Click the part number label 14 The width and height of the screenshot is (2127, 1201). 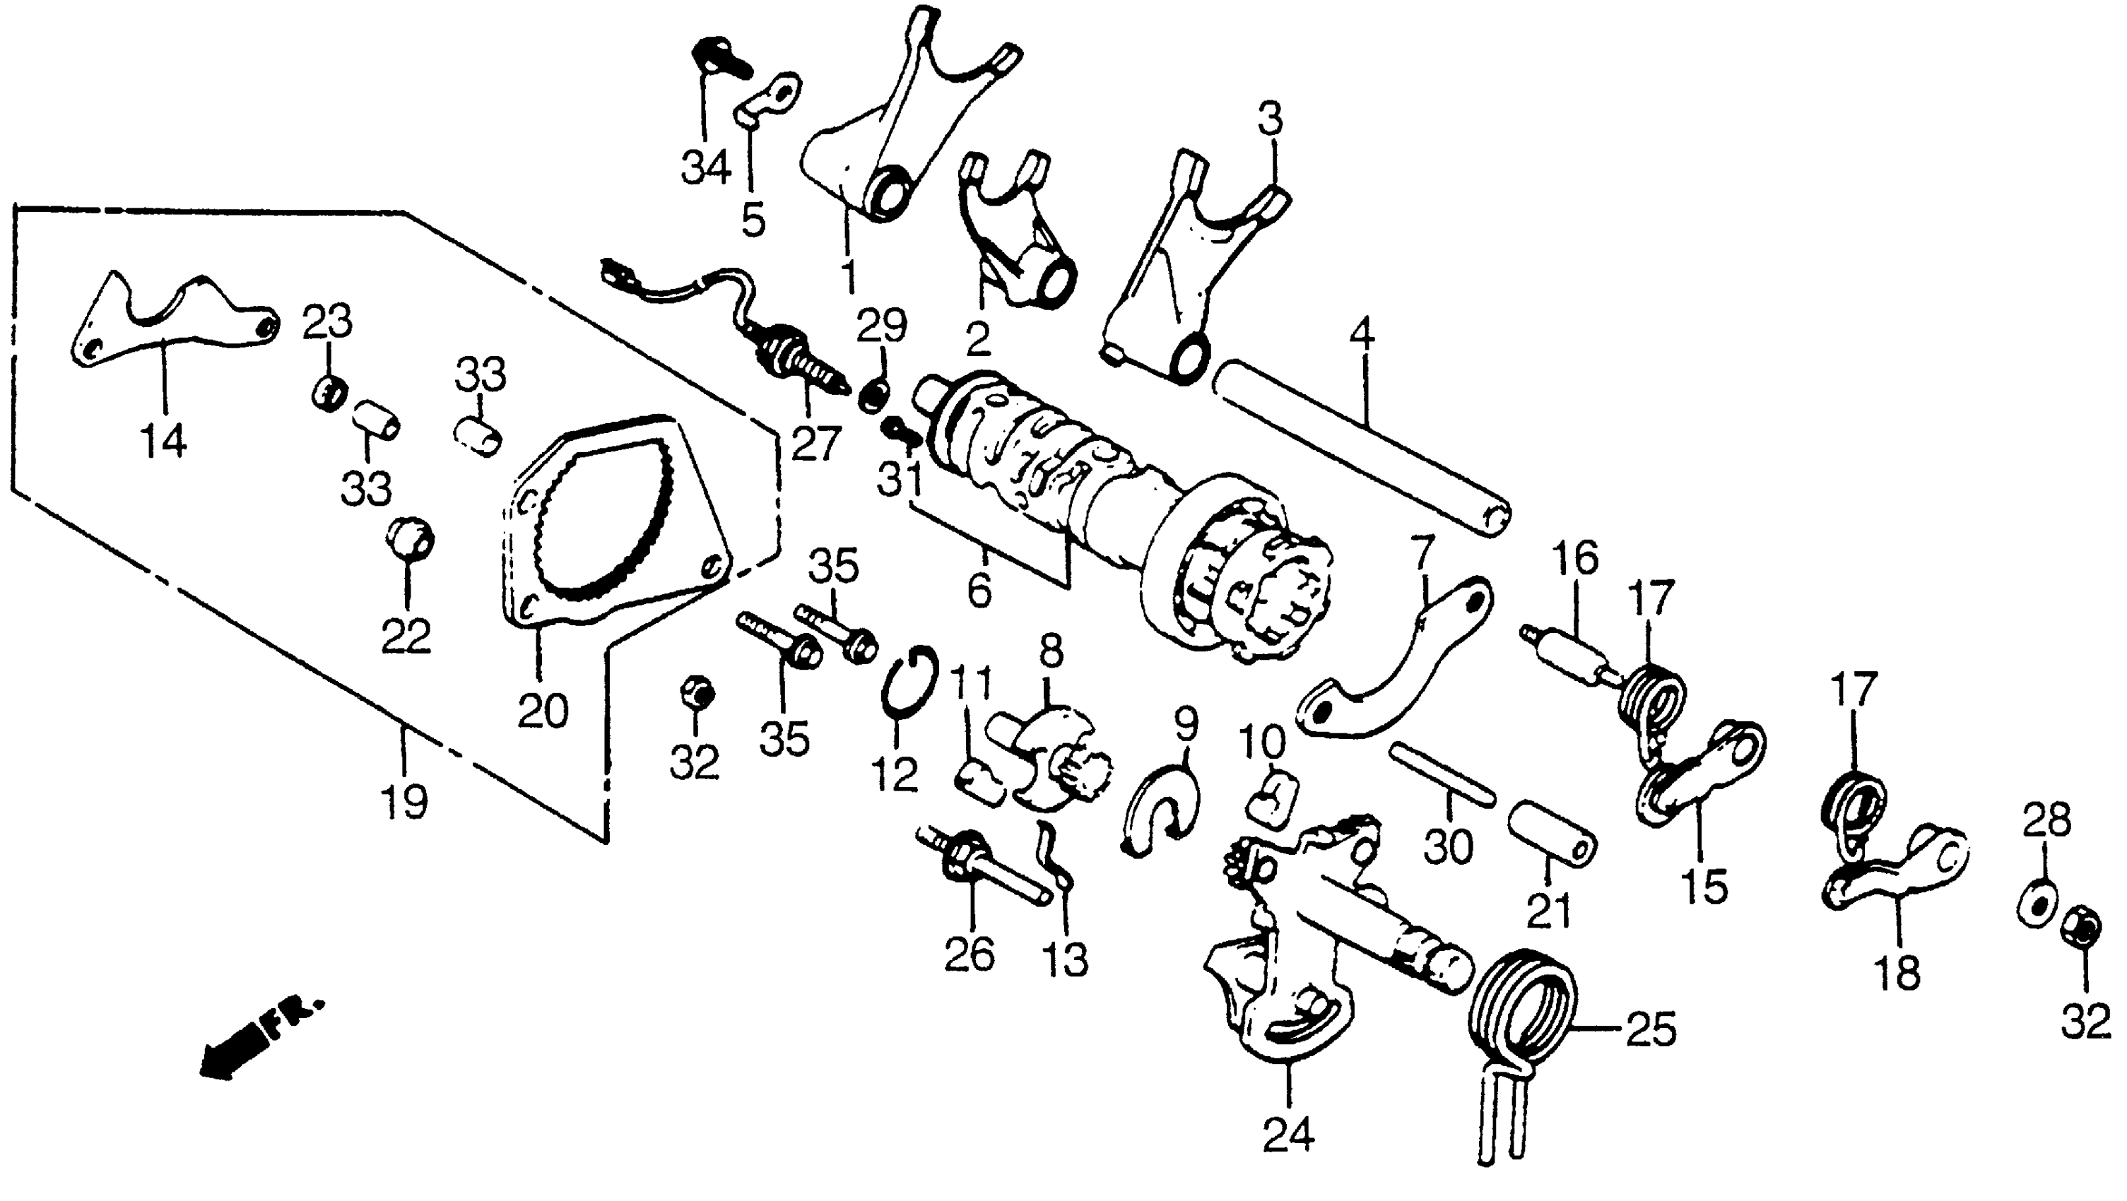click(x=163, y=442)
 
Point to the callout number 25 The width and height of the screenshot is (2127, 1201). click(x=1651, y=1029)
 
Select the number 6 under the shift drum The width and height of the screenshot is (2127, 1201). click(x=979, y=590)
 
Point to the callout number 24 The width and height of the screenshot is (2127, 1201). click(x=1288, y=1136)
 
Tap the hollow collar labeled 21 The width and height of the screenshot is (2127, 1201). click(x=1552, y=834)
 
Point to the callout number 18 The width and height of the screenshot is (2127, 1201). click(x=1897, y=974)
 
